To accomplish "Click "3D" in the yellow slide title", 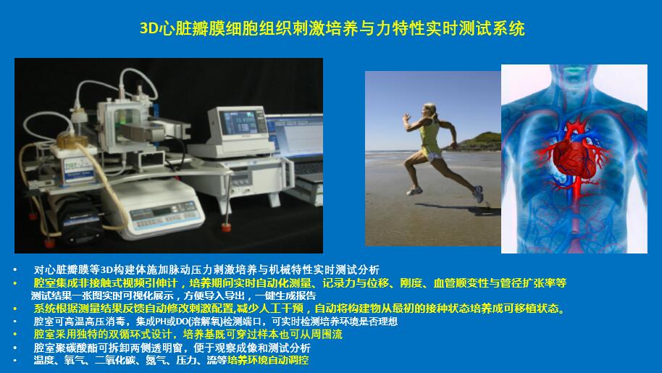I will point(148,30).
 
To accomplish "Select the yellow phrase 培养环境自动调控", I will point(272,360).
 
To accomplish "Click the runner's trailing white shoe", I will point(478,193).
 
